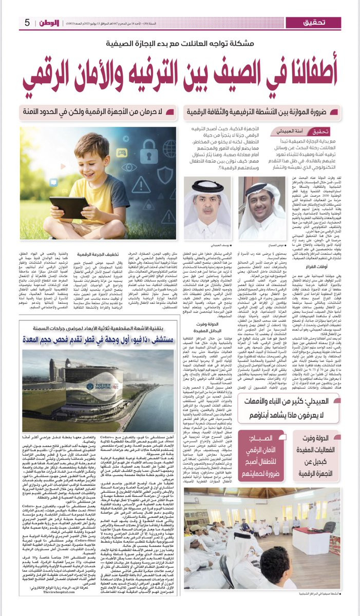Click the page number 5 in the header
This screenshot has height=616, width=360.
pos(27,23)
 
